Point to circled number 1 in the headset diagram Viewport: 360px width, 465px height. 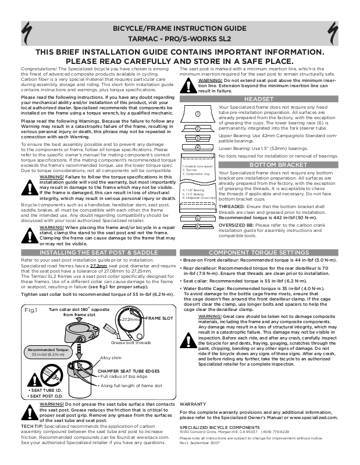(198, 113)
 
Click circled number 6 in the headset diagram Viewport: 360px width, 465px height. (198, 226)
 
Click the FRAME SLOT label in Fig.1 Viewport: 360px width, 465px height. (158, 319)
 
